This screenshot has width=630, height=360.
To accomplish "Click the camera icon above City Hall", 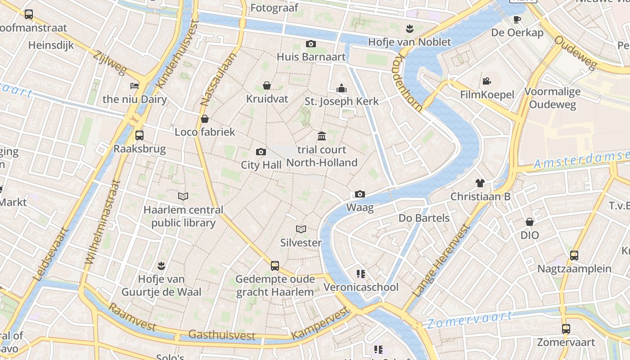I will click(x=261, y=152).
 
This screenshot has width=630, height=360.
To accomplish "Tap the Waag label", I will click(x=360, y=207).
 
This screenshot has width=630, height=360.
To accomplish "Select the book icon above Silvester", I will click(x=301, y=229).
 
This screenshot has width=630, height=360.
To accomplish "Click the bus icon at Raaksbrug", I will click(x=139, y=135).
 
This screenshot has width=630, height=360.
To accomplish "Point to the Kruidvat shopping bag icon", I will click(x=267, y=85).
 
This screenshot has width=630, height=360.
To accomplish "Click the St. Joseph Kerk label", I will click(x=342, y=101).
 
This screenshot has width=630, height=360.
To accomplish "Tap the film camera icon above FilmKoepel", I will click(x=486, y=81).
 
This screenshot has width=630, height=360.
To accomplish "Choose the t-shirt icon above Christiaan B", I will click(x=480, y=183).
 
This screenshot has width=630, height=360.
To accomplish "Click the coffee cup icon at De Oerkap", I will click(x=517, y=19).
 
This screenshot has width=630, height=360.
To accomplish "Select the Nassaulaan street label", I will click(x=218, y=80).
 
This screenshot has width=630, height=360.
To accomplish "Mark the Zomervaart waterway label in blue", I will click(x=469, y=320).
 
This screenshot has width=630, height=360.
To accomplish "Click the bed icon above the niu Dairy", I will click(x=135, y=85).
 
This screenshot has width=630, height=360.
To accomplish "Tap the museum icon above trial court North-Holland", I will click(x=322, y=136).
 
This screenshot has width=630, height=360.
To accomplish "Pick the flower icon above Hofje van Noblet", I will click(x=409, y=29).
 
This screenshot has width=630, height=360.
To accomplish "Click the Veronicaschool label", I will click(x=361, y=287).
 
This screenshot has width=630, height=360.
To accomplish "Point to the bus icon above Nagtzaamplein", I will click(x=574, y=256).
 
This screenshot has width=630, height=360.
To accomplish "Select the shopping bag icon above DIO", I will click(x=530, y=222).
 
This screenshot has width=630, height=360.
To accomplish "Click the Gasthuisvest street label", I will click(x=222, y=335).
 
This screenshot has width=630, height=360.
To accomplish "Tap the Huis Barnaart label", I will click(x=311, y=57).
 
